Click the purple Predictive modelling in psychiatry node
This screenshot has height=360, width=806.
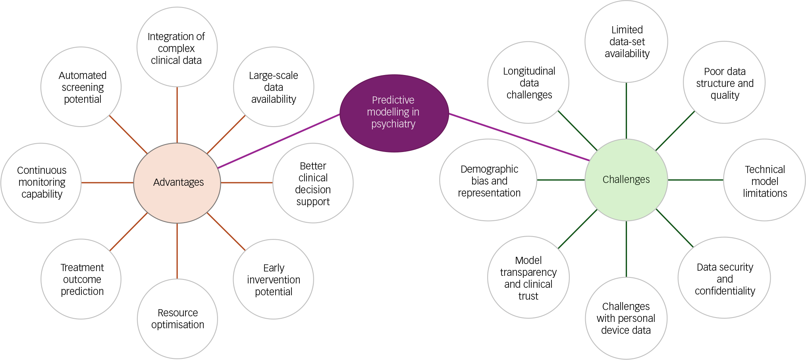(x=394, y=113)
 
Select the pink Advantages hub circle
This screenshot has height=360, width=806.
(x=177, y=183)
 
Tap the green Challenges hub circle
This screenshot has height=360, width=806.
(x=626, y=180)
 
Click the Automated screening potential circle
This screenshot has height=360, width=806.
(x=81, y=87)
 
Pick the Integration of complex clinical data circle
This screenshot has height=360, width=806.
(x=177, y=47)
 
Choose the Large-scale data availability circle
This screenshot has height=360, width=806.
(x=274, y=87)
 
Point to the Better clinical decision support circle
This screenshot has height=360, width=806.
(x=313, y=183)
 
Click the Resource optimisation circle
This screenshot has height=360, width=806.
(x=177, y=319)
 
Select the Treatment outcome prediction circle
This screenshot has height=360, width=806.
(x=81, y=279)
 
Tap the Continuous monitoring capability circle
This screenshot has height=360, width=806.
(x=41, y=183)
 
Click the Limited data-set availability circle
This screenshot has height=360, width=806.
(x=626, y=41)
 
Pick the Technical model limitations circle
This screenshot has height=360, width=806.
(x=764, y=180)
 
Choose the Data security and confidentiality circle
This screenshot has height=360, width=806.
(x=724, y=278)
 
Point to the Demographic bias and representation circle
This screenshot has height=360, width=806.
(x=488, y=180)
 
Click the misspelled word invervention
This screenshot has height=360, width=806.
(x=274, y=280)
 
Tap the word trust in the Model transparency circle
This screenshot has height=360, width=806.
(x=528, y=296)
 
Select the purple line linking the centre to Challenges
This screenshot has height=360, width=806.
(x=519, y=137)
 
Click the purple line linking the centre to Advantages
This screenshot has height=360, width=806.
(x=279, y=141)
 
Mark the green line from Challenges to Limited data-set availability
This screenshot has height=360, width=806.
(x=626, y=111)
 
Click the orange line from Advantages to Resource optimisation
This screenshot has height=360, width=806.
(x=177, y=251)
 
